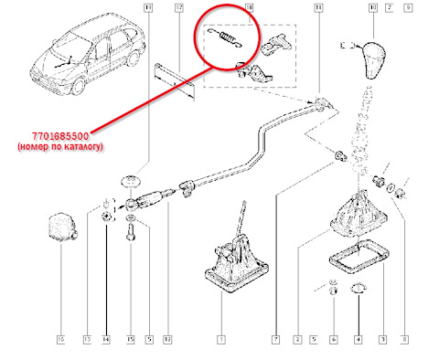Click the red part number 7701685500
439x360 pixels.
click(x=57, y=133)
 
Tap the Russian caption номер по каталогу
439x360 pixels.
click(x=57, y=145)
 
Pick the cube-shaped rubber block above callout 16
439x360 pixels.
click(x=62, y=227)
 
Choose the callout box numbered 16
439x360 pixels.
click(x=60, y=341)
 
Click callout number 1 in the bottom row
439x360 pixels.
click(x=220, y=341)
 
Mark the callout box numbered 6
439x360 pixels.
click(x=333, y=341)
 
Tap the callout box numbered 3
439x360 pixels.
click(x=381, y=341)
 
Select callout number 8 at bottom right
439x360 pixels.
click(x=405, y=341)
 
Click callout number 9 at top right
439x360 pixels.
click(x=409, y=8)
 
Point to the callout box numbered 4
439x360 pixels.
click(x=359, y=341)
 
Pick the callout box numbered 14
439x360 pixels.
click(x=106, y=341)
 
